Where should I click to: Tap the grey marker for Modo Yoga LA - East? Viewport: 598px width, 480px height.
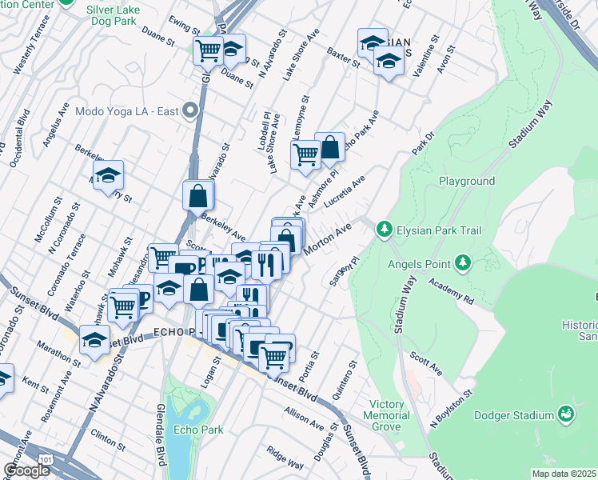[x=190, y=110]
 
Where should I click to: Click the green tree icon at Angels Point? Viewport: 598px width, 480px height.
[x=462, y=262]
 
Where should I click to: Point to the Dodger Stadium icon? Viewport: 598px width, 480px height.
[x=567, y=414]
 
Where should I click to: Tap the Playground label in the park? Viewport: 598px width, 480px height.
[x=467, y=182]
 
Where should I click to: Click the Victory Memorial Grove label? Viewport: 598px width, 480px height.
[x=386, y=416]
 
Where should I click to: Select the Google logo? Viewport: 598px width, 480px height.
[x=26, y=470]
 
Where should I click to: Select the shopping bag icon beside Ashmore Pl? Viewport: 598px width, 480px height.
[x=329, y=148]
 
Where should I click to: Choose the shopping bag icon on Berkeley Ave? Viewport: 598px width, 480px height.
[x=198, y=195]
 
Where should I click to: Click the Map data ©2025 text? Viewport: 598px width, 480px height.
[x=564, y=474]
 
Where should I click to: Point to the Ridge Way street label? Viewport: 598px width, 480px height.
[x=285, y=458]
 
